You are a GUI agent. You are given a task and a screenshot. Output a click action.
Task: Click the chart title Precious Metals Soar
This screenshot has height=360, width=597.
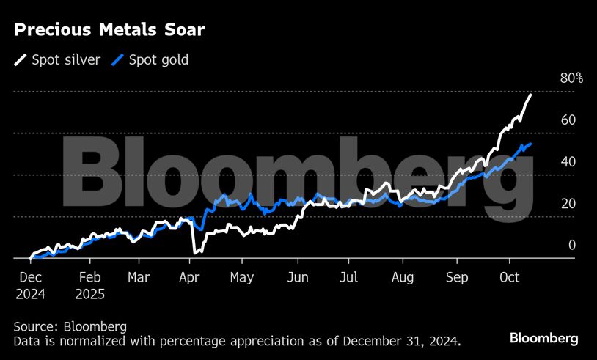click(109, 30)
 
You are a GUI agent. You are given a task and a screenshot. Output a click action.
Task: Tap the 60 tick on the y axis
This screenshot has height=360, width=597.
click(568, 120)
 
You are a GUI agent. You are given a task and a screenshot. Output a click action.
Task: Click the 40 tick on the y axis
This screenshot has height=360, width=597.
click(568, 162)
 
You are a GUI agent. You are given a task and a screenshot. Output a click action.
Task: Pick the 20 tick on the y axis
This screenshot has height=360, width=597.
click(568, 204)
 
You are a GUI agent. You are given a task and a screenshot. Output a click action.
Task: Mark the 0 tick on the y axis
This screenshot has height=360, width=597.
click(572, 246)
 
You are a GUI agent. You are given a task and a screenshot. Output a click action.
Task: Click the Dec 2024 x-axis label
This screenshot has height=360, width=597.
click(30, 286)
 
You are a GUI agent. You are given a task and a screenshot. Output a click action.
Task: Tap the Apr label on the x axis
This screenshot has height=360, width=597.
click(190, 278)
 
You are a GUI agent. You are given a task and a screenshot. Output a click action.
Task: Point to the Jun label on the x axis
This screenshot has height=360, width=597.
click(298, 278)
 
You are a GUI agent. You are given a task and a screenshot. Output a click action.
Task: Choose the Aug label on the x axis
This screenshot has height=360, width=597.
click(403, 278)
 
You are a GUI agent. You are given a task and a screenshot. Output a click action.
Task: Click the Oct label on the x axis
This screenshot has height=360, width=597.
click(509, 278)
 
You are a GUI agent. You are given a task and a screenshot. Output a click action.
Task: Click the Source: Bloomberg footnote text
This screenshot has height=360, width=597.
click(70, 326)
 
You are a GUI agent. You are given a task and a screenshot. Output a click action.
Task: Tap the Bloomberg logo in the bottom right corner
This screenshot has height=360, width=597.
click(543, 338)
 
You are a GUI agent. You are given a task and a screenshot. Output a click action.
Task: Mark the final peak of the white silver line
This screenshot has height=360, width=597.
click(530, 95)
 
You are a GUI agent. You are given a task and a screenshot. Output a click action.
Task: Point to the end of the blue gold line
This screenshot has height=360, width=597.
click(530, 144)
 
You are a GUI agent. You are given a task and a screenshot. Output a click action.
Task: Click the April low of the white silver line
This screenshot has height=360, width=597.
click(195, 252)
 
